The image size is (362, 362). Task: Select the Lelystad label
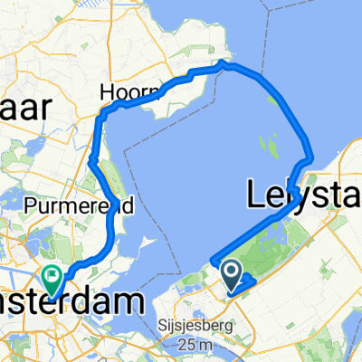tap(303, 194)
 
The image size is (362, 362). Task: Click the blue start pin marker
tap(230, 271)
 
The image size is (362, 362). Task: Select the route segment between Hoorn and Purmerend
tap(96, 145)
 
